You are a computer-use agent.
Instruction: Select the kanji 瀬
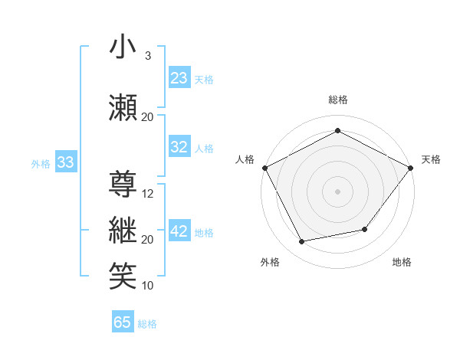coord(124,106)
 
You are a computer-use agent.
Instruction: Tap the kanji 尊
coord(124,184)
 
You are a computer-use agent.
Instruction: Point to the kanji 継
coord(124,230)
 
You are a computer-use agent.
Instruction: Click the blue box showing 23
coord(179,78)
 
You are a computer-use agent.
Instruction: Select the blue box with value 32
coord(179,147)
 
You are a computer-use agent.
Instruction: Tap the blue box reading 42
coord(179,231)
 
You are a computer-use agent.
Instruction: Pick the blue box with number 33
coord(65,162)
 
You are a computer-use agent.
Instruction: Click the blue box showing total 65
coord(123,322)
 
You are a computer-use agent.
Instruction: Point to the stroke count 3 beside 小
coord(147,56)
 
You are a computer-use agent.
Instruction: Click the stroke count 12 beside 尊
coord(149,194)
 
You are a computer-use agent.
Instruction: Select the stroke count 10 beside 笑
coord(148,286)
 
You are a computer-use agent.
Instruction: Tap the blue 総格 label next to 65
coord(148,324)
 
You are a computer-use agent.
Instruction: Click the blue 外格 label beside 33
coord(41,163)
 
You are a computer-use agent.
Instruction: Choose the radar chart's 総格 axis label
coord(337,100)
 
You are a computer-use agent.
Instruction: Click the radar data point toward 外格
coord(302,242)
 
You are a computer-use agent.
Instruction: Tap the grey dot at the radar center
coord(337,191)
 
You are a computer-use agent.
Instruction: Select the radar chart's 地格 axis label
coord(402,263)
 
